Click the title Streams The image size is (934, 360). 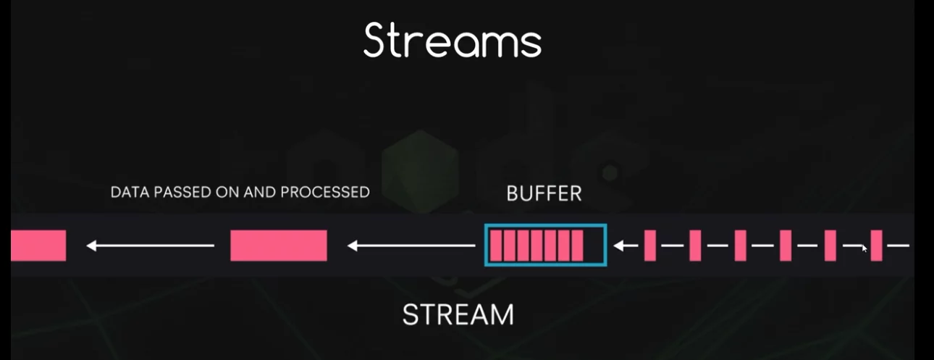(453, 40)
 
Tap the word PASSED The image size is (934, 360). (178, 193)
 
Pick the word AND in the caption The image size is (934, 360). (254, 193)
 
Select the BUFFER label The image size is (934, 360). (544, 194)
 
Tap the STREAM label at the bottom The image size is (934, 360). (458, 314)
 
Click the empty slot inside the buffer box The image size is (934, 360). (593, 246)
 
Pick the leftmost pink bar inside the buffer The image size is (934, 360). (496, 246)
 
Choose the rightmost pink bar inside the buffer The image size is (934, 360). (576, 246)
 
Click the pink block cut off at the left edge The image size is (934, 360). (38, 246)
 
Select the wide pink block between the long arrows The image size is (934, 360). (279, 246)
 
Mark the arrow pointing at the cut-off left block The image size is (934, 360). (151, 246)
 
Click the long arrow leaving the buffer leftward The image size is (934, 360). (411, 246)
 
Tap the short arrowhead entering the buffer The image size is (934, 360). (621, 246)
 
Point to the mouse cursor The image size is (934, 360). (864, 248)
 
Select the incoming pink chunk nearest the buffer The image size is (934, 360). (650, 246)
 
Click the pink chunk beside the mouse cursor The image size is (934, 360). (877, 246)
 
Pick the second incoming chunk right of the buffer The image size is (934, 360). (695, 246)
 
